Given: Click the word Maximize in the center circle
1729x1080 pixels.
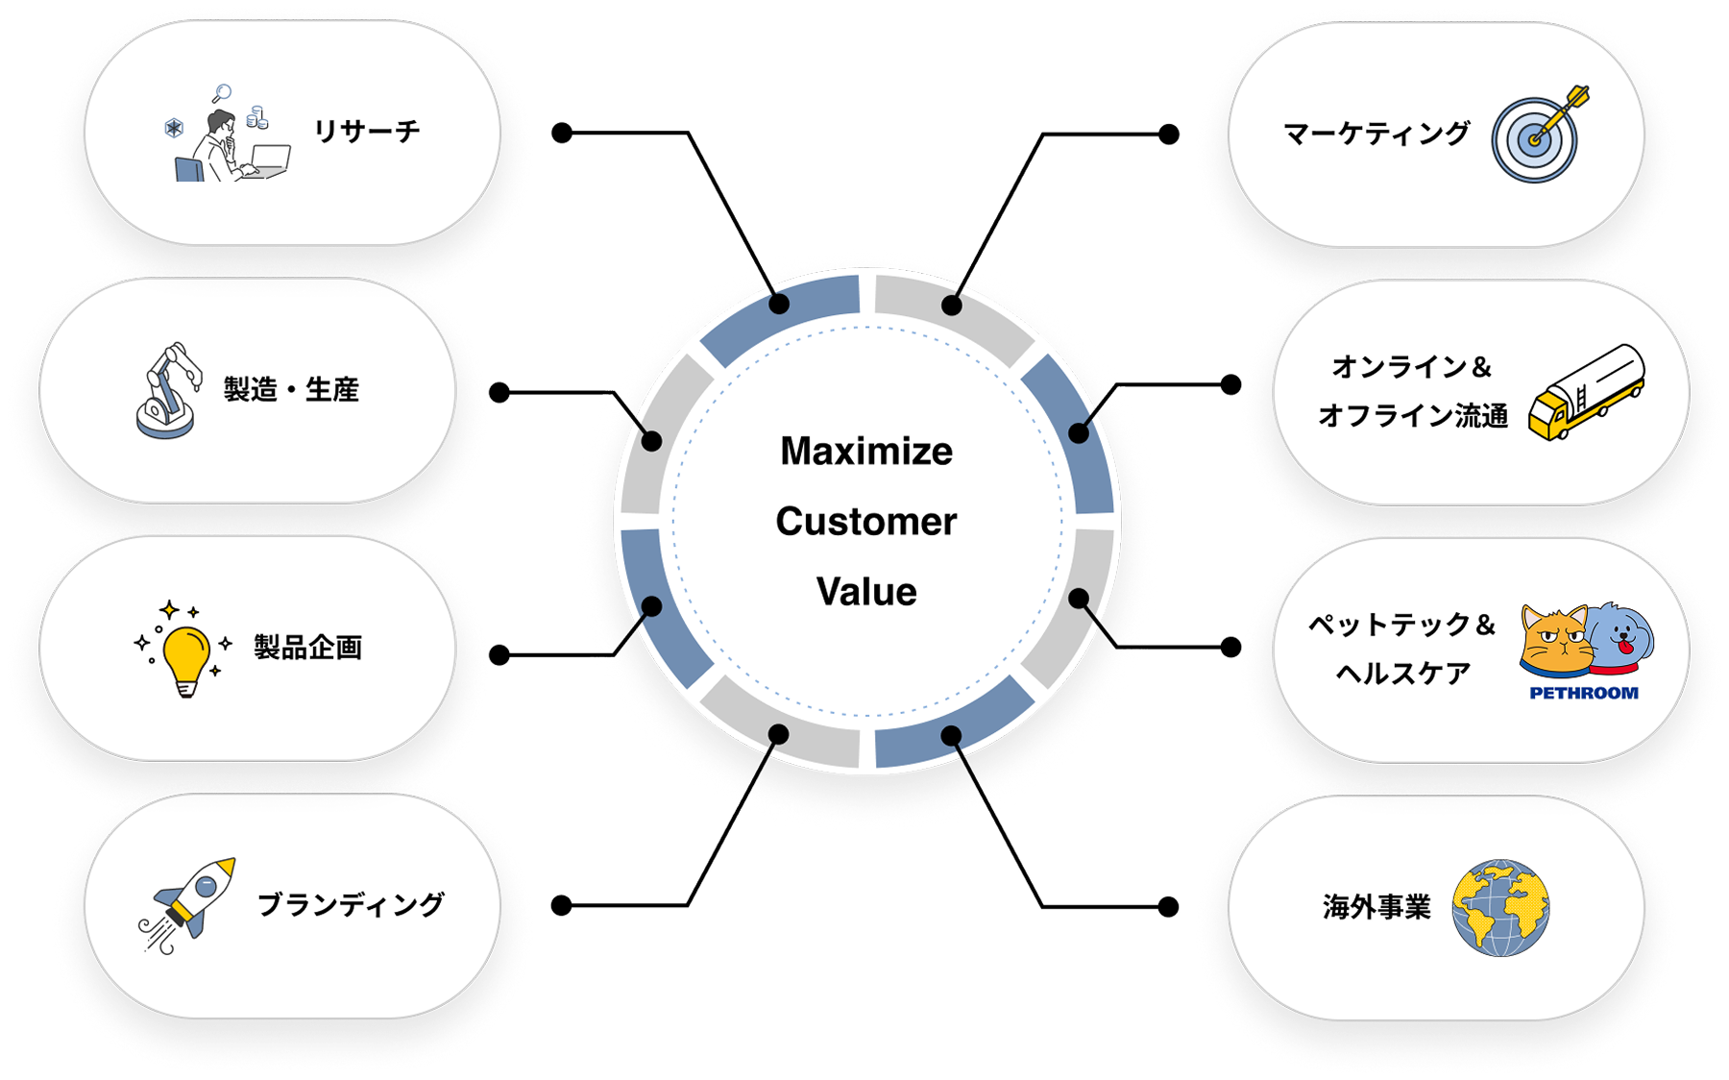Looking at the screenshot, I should (x=866, y=452).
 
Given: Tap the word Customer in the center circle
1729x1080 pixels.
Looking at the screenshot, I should (x=866, y=522).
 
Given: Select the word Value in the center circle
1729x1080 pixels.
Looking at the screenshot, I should (x=866, y=592).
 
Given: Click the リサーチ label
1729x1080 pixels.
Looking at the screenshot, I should (x=367, y=132).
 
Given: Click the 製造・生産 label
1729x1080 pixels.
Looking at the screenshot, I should (x=291, y=390).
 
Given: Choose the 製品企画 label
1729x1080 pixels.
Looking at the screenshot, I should (x=307, y=648).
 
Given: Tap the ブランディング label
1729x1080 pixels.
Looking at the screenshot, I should (x=351, y=905).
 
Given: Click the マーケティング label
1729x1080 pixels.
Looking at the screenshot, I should (x=1376, y=134).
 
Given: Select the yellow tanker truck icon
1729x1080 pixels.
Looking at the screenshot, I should (x=1586, y=392).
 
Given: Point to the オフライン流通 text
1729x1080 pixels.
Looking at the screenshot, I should (x=1412, y=416).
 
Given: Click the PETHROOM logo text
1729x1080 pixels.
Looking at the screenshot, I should (x=1584, y=693).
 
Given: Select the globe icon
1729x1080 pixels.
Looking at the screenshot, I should (x=1500, y=907).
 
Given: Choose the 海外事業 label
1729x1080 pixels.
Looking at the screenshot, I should (x=1376, y=907).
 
